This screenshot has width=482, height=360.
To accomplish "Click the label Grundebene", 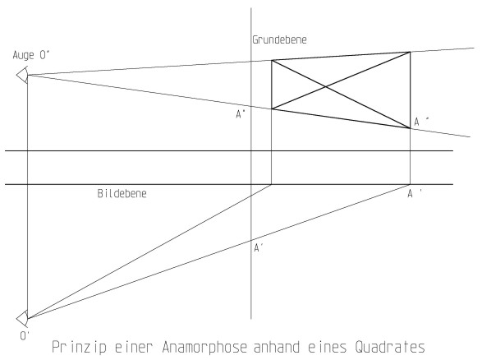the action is pyautogui.click(x=279, y=39).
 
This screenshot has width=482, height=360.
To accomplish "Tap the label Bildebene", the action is pyautogui.click(x=122, y=193).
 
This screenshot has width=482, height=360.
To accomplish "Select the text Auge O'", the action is pyautogui.click(x=31, y=55).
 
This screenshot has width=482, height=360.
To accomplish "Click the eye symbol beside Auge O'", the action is pyautogui.click(x=22, y=75).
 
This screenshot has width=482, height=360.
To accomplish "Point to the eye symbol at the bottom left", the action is pyautogui.click(x=22, y=318).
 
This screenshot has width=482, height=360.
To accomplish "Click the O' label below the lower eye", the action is pyautogui.click(x=25, y=336).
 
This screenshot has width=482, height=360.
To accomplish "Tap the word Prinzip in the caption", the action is pyautogui.click(x=80, y=347).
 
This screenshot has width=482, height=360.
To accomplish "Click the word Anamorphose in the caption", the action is pyautogui.click(x=204, y=347).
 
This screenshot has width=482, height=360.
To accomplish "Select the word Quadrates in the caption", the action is pyautogui.click(x=390, y=347).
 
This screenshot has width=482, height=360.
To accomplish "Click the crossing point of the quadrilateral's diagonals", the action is pyautogui.click(x=326, y=87).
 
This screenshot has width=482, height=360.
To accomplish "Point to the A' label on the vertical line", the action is pyautogui.click(x=259, y=247).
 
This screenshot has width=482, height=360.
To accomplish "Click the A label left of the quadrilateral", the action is pyautogui.click(x=241, y=114).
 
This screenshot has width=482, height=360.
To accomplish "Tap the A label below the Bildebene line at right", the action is pyautogui.click(x=415, y=193).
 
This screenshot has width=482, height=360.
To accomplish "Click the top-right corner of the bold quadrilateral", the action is pyautogui.click(x=410, y=52).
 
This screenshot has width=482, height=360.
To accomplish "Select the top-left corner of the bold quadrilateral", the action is pyautogui.click(x=272, y=60).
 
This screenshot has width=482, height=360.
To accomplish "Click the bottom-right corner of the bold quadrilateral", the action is pyautogui.click(x=410, y=128).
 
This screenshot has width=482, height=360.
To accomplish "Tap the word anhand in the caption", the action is pyautogui.click(x=277, y=347).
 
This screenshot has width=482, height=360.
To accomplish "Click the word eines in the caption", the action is pyautogui.click(x=328, y=347).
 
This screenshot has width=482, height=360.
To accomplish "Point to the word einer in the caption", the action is pyautogui.click(x=134, y=347).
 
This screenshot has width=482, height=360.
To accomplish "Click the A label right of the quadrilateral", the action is pyautogui.click(x=421, y=122).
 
